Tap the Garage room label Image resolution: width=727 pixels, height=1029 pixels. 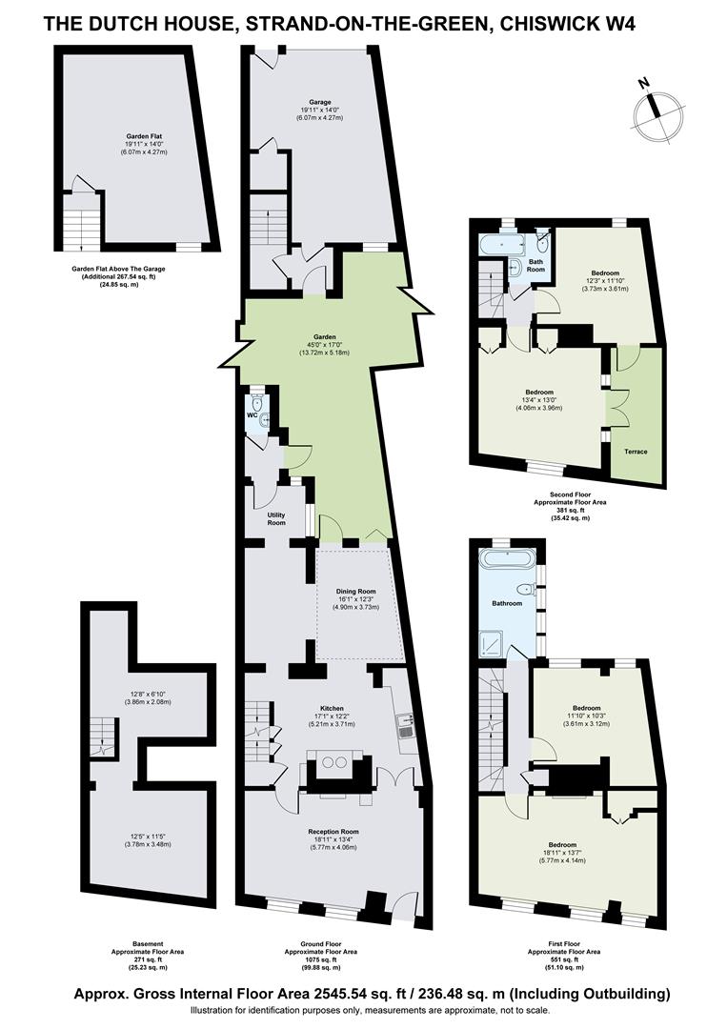click(320, 102)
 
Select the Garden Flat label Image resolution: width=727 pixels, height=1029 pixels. click(144, 136)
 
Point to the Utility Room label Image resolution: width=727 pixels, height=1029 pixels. click(276, 518)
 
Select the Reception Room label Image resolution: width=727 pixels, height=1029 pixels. click(333, 832)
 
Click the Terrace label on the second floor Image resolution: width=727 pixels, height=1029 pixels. click(636, 452)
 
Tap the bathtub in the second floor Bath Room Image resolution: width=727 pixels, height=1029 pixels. click(502, 247)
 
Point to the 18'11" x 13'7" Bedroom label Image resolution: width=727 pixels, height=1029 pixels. click(563, 844)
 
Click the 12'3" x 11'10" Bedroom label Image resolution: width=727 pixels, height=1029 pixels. click(605, 273)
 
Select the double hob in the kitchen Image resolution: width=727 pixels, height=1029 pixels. click(335, 763)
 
